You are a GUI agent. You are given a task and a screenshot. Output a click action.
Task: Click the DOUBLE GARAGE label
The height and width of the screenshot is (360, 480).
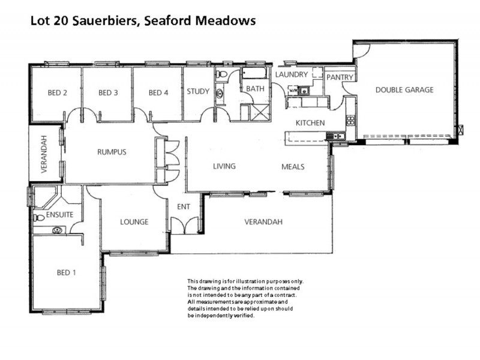[404, 90]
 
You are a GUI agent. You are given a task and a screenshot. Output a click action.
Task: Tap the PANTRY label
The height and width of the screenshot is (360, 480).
[340, 77]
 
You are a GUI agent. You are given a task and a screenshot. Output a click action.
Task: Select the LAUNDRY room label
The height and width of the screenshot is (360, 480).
[292, 74]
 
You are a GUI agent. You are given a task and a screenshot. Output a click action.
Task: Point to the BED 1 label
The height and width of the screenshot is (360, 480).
[66, 272]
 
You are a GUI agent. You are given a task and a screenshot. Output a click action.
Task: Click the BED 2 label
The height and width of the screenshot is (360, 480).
[56, 92]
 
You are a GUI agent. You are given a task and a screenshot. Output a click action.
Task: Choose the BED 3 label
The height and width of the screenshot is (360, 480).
[108, 92]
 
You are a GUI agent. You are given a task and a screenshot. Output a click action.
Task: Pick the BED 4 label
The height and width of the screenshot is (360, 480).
[158, 92]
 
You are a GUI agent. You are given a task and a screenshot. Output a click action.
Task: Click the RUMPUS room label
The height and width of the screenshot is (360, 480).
[112, 152]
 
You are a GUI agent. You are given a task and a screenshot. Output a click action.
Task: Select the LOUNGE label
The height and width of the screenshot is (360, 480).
[134, 222]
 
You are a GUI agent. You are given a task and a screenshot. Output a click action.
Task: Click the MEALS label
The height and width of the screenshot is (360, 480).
[293, 167]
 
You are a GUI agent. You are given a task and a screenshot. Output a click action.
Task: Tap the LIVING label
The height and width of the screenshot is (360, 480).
[224, 166]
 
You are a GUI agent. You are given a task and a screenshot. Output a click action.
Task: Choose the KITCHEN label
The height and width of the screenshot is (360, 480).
[310, 123]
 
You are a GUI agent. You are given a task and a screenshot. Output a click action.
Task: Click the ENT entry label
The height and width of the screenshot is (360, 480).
[183, 207]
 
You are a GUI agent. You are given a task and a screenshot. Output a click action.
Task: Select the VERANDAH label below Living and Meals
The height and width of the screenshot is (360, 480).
[263, 222]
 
